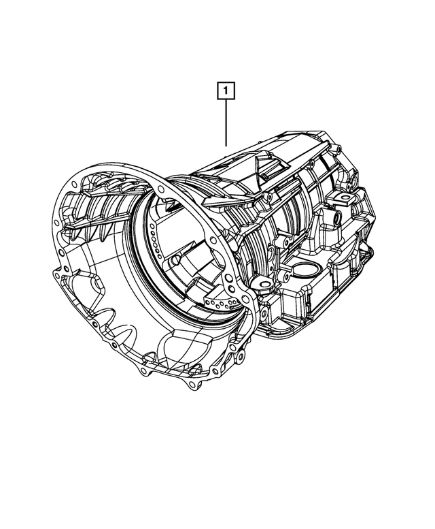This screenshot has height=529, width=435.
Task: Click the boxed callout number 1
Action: pyautogui.click(x=226, y=90)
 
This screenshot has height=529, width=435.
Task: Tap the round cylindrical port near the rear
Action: pyautogui.click(x=335, y=219)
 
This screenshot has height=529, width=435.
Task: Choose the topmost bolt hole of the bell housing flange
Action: pyautogui.click(x=163, y=182)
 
